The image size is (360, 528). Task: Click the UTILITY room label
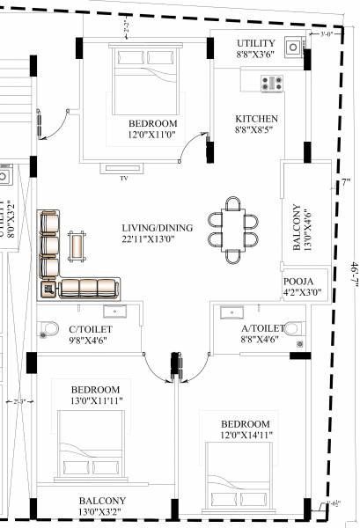point(257,43)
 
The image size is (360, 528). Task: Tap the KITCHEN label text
point(257,119)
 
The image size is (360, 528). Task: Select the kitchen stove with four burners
point(271,84)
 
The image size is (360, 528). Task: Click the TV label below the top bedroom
point(123,178)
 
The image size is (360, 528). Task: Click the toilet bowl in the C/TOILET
point(49,331)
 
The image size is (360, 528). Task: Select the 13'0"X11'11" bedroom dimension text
point(95,402)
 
